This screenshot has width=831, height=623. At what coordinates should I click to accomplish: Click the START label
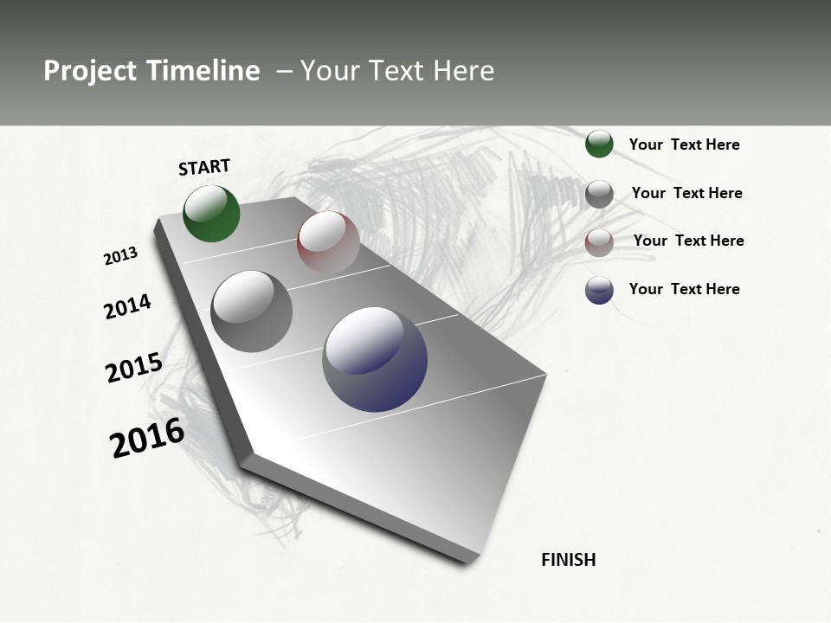coord(204,167)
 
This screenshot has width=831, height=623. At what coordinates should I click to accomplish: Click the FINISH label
coord(569,560)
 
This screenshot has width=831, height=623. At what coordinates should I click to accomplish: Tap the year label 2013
coord(121,256)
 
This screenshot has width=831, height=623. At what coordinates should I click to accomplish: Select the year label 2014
coord(128,306)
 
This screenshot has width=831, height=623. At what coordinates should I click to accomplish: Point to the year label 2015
coord(134,368)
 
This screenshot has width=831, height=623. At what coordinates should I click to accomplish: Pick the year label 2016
coord(147,438)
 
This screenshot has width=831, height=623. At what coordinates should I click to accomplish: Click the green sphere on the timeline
coord(212,214)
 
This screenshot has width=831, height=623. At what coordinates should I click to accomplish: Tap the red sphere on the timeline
coord(328,241)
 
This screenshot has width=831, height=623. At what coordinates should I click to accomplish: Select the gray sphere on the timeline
coord(251,311)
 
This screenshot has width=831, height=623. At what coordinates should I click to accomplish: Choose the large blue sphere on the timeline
coord(375,359)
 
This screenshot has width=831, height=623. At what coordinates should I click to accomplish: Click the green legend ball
coord(599,144)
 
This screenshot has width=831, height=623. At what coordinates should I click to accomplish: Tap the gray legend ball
coord(599,194)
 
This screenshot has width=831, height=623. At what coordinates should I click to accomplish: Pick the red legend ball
coord(599,242)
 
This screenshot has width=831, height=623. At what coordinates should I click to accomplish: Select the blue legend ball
coord(599,290)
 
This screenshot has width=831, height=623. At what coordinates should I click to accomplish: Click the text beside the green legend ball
coord(685,145)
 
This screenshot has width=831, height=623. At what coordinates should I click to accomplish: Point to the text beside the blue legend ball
coord(685,289)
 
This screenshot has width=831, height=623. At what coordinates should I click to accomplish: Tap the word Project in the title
coord(87,71)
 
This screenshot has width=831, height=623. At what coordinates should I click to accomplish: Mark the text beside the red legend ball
coord(689,241)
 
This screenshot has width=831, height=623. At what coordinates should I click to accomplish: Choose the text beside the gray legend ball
coord(687,193)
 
